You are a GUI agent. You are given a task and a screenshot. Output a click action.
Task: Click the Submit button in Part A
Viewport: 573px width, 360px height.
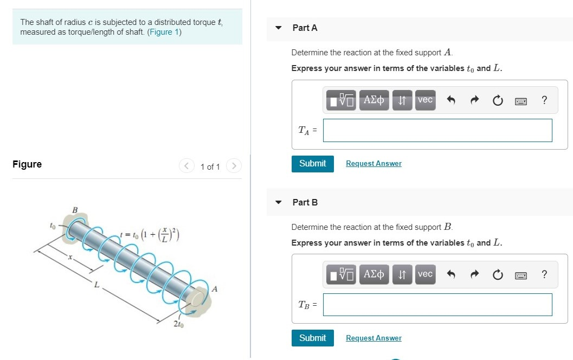coord(312,163)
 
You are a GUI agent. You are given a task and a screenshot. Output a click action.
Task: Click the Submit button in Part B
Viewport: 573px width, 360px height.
coord(312,338)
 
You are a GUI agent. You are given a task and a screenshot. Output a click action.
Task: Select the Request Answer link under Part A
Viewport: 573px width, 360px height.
coord(374,164)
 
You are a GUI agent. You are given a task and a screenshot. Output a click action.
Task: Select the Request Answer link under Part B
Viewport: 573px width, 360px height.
coord(374,338)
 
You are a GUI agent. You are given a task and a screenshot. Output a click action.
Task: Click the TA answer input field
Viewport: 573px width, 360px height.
coord(437,131)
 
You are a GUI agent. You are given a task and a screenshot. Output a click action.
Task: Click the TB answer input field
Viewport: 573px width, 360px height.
coord(437,305)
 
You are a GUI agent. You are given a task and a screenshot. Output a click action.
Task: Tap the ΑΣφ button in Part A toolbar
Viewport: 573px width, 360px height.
coord(374,100)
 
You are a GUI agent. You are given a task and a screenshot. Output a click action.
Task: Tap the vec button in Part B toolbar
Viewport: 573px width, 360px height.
coord(425,274)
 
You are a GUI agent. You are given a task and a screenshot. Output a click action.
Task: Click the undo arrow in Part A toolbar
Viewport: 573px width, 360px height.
coord(450,100)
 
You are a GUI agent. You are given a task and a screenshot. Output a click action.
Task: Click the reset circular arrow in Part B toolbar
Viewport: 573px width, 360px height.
coord(498,275)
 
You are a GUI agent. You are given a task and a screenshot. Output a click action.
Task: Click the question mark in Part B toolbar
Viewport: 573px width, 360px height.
coord(544,275)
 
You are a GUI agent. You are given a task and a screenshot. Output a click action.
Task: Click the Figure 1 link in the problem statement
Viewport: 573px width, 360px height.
coord(164,32)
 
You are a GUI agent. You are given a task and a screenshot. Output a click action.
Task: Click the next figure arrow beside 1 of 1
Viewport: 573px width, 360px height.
coord(234,166)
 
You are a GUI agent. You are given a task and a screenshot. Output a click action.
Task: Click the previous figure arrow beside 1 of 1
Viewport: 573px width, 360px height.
coord(186,166)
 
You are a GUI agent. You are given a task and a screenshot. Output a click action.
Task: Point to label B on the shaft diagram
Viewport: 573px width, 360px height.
coord(75,210)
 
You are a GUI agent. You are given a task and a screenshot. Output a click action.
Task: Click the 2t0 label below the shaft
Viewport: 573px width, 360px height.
coord(178,325)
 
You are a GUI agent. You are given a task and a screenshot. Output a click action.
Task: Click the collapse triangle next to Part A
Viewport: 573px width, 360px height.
coord(279,28)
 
